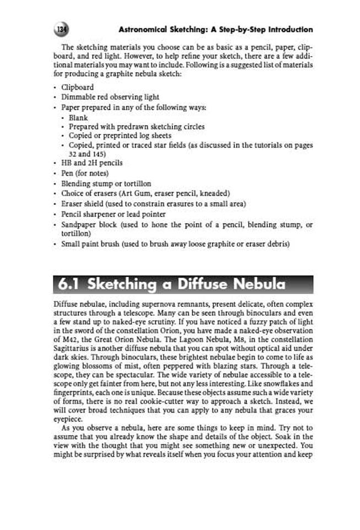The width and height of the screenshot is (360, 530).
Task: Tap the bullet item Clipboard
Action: (77, 87)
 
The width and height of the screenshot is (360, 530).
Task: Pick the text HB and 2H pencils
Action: (92, 163)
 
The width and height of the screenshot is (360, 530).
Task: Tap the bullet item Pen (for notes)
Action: (84, 173)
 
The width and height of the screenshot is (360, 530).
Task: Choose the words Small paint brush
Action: (90, 244)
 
